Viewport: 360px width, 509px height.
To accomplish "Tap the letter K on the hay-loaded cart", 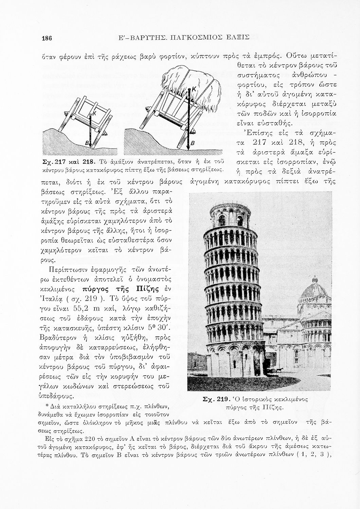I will pos(194,89).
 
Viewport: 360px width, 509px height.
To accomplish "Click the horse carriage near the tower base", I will pos(276,370).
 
